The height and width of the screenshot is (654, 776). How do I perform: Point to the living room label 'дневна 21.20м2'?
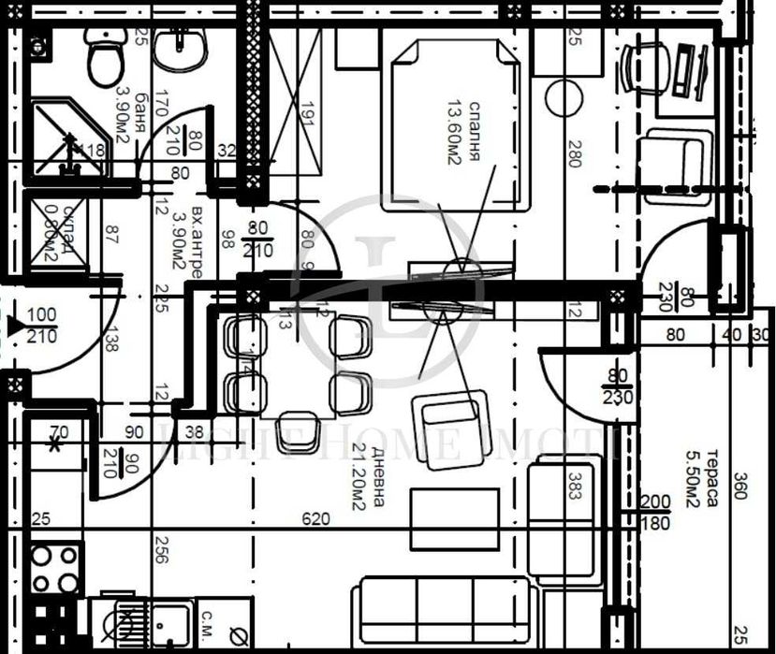[367, 477]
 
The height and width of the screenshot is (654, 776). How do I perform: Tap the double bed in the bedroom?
[452, 122]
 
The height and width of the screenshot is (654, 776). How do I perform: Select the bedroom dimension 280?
[574, 153]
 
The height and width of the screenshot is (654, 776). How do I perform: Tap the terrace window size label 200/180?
[655, 513]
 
